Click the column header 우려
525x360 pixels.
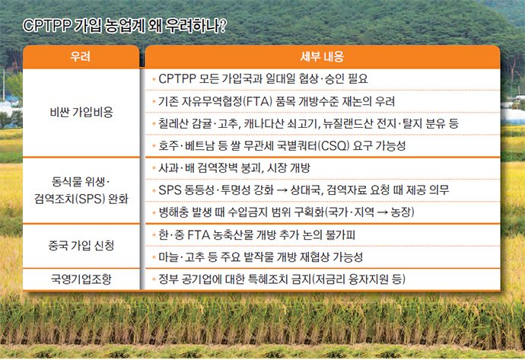click(81, 56)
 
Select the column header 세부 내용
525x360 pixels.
click(322, 56)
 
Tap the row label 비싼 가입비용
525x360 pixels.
click(81, 112)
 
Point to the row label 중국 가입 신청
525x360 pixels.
click(81, 246)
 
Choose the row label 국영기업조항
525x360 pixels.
click(81, 279)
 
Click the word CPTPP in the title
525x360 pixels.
click(46, 26)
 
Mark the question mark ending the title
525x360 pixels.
click(223, 26)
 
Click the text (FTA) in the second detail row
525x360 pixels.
click(257, 101)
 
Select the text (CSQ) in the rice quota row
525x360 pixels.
click(333, 145)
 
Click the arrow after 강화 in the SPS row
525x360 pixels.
click(282, 190)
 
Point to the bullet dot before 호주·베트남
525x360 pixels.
click(154, 146)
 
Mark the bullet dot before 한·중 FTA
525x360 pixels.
click(154, 235)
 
